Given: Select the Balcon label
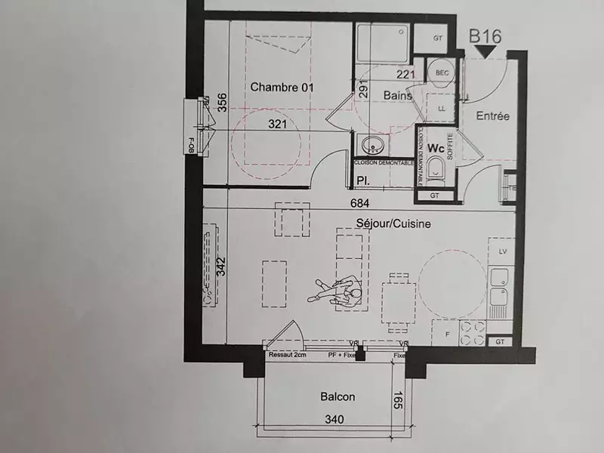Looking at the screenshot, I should (337, 396).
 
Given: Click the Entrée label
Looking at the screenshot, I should (493, 116).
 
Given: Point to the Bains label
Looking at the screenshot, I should (398, 96).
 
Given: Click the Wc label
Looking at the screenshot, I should (436, 148).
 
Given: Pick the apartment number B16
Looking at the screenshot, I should (485, 35).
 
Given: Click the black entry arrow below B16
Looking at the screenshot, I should (485, 51).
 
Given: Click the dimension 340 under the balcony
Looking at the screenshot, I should (334, 420).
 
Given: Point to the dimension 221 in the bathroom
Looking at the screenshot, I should (405, 74).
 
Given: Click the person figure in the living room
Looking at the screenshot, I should (335, 290).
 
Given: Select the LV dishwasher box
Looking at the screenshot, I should (502, 248).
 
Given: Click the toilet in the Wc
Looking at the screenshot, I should (436, 173).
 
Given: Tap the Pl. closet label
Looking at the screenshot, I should (362, 180).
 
